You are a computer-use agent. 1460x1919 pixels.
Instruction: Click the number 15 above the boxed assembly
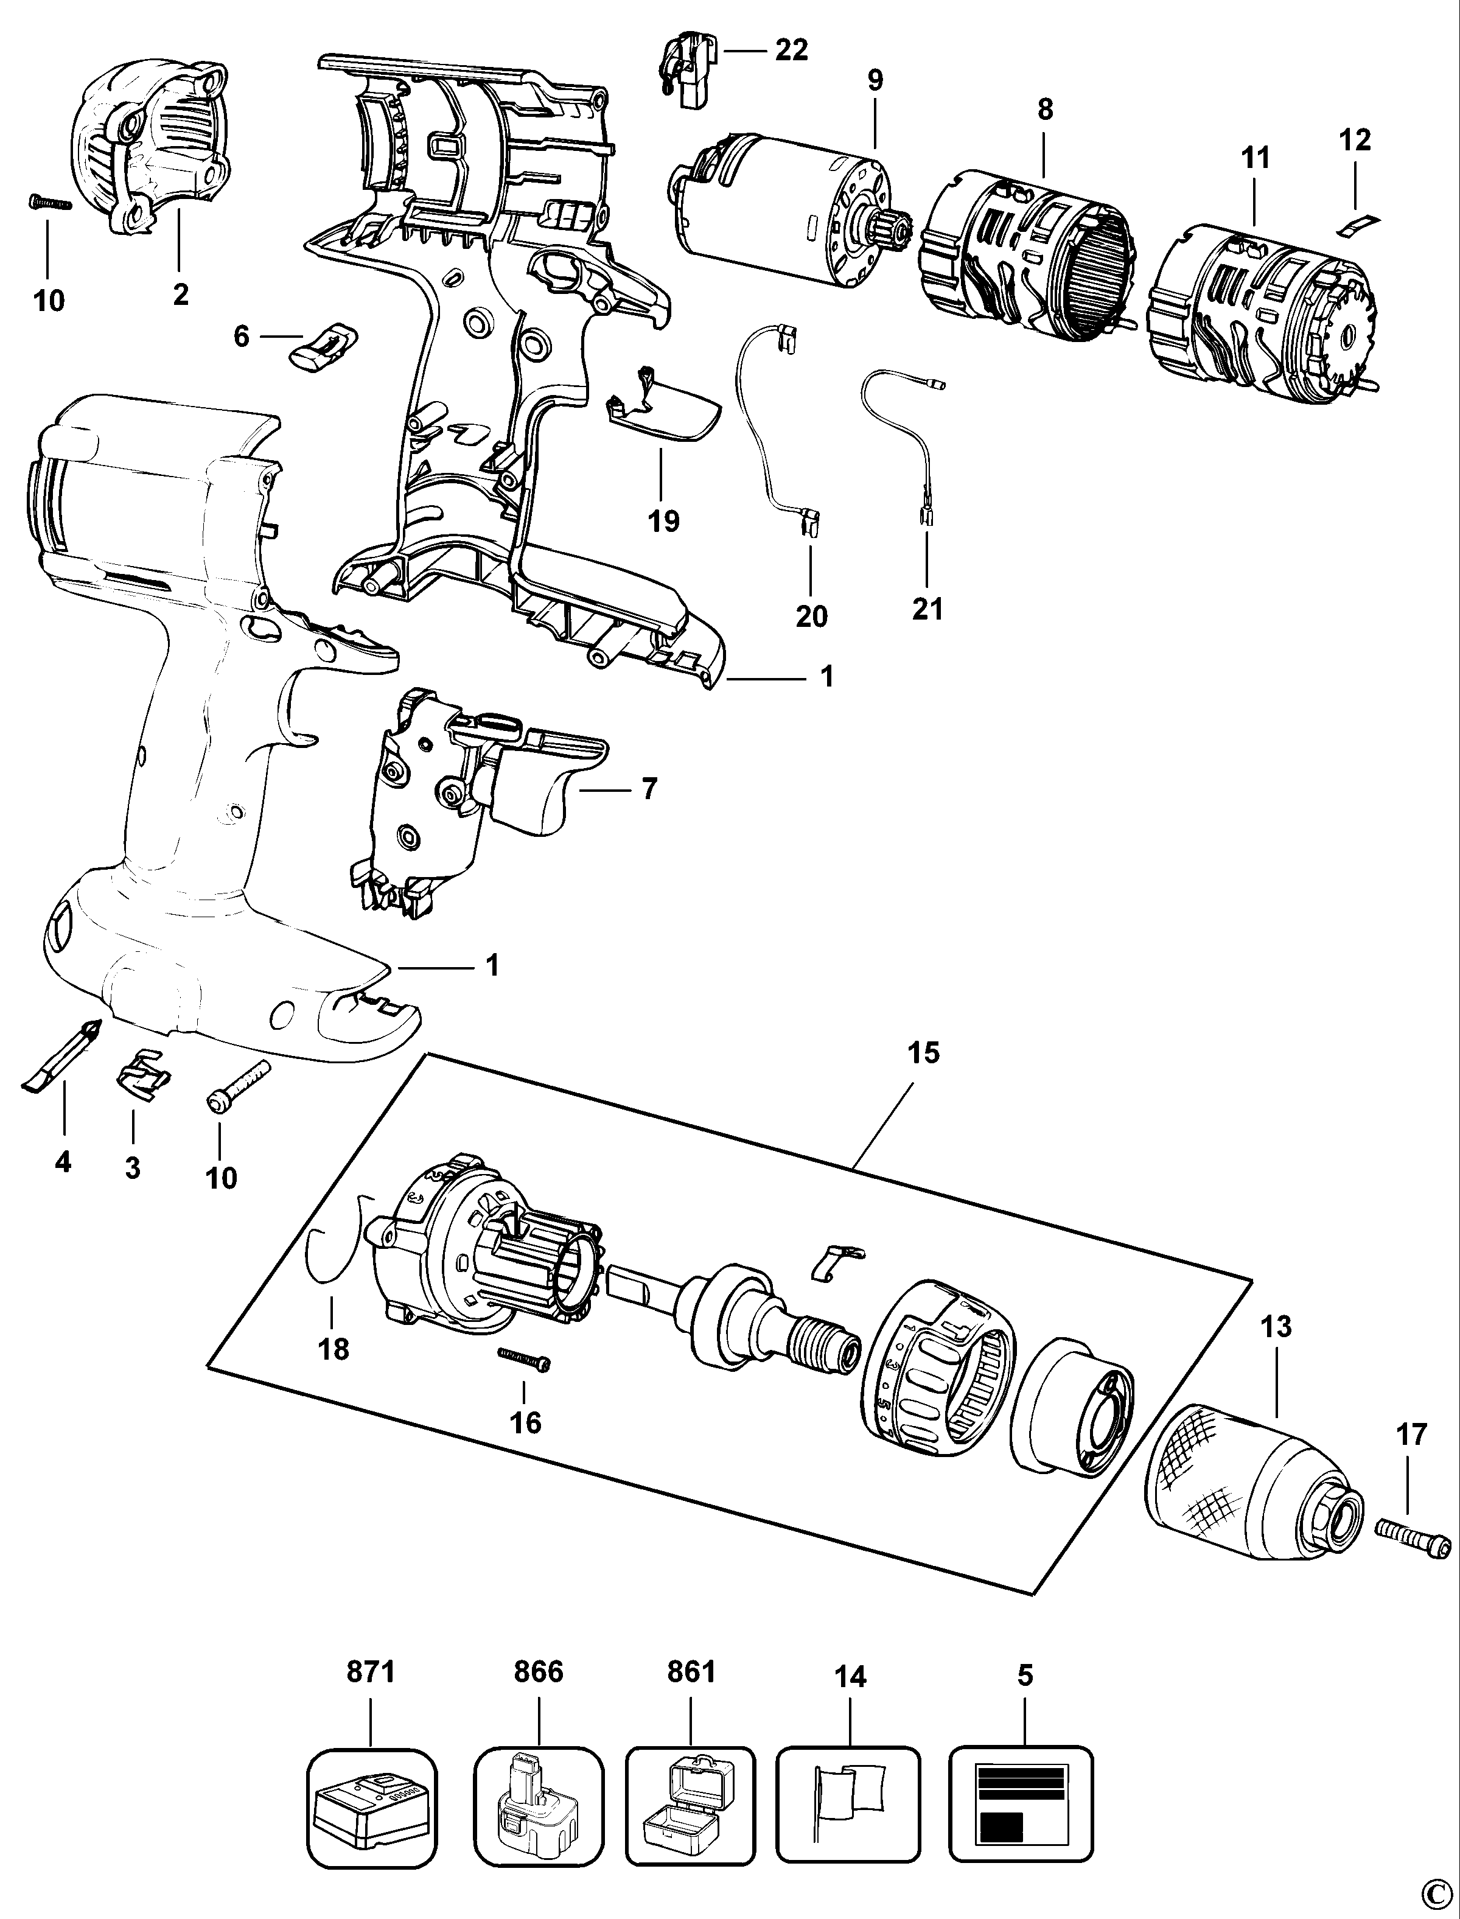[923, 1054]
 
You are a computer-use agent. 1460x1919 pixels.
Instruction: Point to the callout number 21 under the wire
[927, 609]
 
